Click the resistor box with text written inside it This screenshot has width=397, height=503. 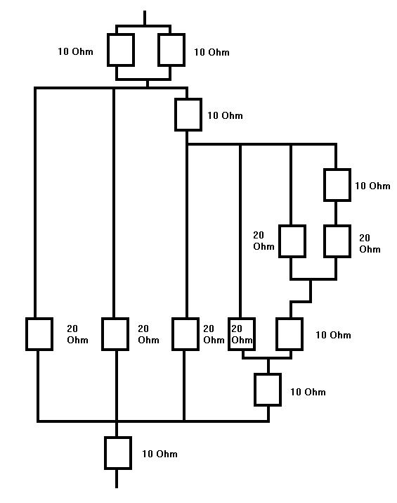coord(242,334)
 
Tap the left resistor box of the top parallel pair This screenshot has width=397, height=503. coord(120,50)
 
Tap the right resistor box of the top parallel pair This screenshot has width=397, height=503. coord(171,50)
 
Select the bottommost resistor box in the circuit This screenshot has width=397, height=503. coord(118,453)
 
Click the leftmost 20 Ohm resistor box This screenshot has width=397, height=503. coord(39,334)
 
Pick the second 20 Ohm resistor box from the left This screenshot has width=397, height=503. coord(115,334)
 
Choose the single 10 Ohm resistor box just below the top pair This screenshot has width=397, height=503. coord(188,115)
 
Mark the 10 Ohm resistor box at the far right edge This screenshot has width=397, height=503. coord(337,185)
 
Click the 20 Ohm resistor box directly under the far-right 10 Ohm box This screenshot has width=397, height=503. coord(337,241)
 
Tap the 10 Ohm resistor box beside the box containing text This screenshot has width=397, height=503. coord(289,334)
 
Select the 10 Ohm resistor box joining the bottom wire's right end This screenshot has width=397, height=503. coord(268,390)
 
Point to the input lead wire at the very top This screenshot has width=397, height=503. coord(145,18)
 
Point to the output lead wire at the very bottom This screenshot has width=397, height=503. coord(117,478)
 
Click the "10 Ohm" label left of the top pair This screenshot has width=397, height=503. coord(76,51)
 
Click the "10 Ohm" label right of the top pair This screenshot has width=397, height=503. coord(211,52)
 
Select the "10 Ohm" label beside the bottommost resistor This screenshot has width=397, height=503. coord(160,454)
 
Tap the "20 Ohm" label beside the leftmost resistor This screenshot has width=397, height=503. coord(77,334)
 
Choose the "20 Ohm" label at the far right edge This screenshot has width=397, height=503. coord(370,243)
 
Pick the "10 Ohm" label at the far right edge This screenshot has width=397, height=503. coord(372,186)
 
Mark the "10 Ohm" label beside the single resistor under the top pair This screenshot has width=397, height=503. coord(226,115)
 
